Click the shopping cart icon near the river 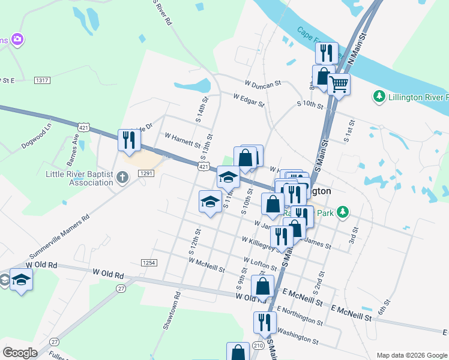(339, 84)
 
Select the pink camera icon (17, 40)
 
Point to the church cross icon (122, 177)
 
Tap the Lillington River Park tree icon (379, 97)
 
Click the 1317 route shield (42, 80)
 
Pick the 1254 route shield (149, 263)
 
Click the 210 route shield (258, 346)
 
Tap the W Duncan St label (263, 85)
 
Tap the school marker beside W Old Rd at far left (21, 280)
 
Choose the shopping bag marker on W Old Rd (262, 286)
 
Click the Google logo (20, 353)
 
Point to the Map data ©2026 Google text (411, 355)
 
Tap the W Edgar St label (249, 100)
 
